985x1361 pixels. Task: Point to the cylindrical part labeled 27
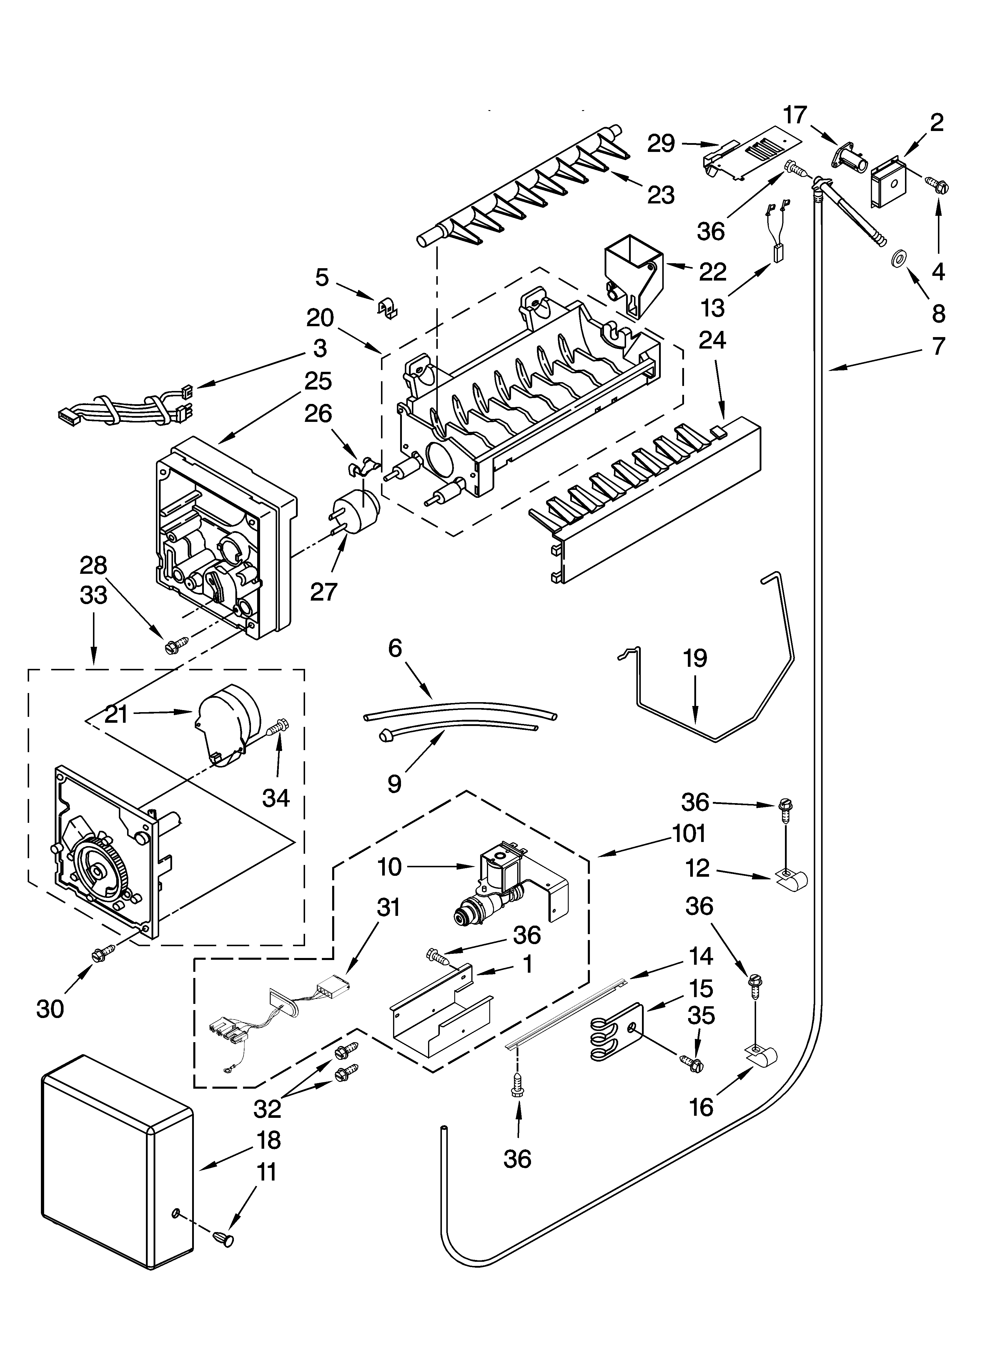(x=354, y=510)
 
